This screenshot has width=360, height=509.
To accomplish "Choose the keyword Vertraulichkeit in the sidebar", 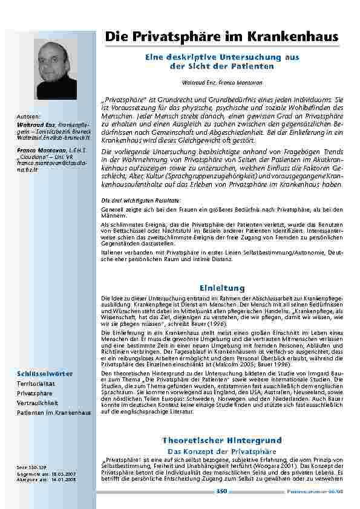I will (38, 402).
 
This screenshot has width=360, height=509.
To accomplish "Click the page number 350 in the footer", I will (221, 491).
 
